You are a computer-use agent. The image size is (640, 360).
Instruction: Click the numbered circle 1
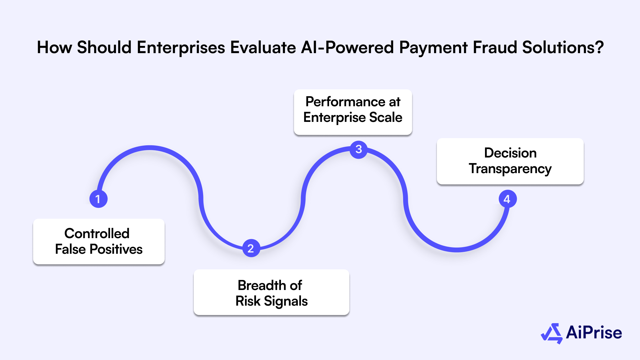click(98, 199)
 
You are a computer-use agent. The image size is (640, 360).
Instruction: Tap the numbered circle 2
click(251, 248)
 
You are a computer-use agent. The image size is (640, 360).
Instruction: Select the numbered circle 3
click(358, 149)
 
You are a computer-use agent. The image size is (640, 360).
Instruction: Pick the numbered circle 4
click(507, 199)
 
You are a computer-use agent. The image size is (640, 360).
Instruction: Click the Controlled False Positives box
click(99, 241)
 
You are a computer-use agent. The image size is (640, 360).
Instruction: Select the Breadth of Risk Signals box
click(271, 292)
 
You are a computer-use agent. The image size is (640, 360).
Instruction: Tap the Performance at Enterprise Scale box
click(353, 112)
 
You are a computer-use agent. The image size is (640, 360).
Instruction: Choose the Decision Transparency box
click(510, 161)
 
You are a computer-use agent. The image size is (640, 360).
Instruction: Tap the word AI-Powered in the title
click(347, 47)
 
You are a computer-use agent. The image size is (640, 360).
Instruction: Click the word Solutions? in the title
click(563, 47)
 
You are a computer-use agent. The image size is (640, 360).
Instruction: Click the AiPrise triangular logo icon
click(552, 333)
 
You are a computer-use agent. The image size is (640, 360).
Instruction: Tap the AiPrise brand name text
click(594, 332)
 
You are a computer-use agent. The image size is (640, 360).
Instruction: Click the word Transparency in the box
click(510, 169)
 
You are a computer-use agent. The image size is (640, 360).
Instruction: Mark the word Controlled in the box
click(97, 233)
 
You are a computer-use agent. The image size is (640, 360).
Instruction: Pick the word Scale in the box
click(386, 117)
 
